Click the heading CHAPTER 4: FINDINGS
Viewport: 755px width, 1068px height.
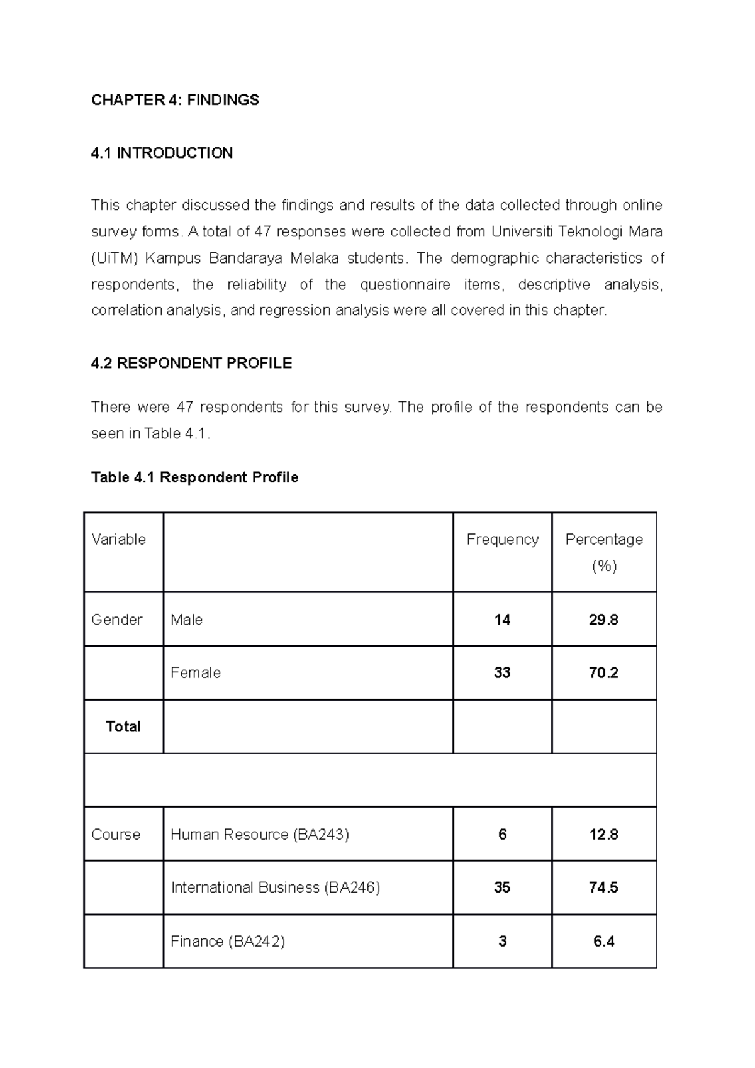(175, 100)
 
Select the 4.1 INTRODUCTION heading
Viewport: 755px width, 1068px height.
(162, 153)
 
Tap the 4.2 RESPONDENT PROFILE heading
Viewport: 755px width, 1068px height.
(191, 363)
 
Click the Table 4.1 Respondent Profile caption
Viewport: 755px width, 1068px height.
(194, 477)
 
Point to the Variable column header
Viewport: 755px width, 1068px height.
(118, 539)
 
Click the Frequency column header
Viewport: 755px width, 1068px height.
(502, 539)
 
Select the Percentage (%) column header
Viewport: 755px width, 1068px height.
(604, 552)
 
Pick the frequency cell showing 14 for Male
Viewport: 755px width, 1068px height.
(502, 620)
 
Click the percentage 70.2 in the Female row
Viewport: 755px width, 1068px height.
(603, 672)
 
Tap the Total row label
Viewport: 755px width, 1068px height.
(123, 726)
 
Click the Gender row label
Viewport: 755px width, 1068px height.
(116, 620)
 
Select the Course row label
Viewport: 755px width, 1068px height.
(116, 834)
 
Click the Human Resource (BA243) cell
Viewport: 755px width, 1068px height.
(259, 834)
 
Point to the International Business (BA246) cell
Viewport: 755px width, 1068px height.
(276, 887)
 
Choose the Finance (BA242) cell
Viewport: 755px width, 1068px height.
(228, 941)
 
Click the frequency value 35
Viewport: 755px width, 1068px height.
(502, 887)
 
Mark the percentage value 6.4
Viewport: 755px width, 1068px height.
(603, 941)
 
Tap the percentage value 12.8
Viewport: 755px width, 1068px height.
(603, 834)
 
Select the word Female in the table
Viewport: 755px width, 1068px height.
(196, 672)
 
